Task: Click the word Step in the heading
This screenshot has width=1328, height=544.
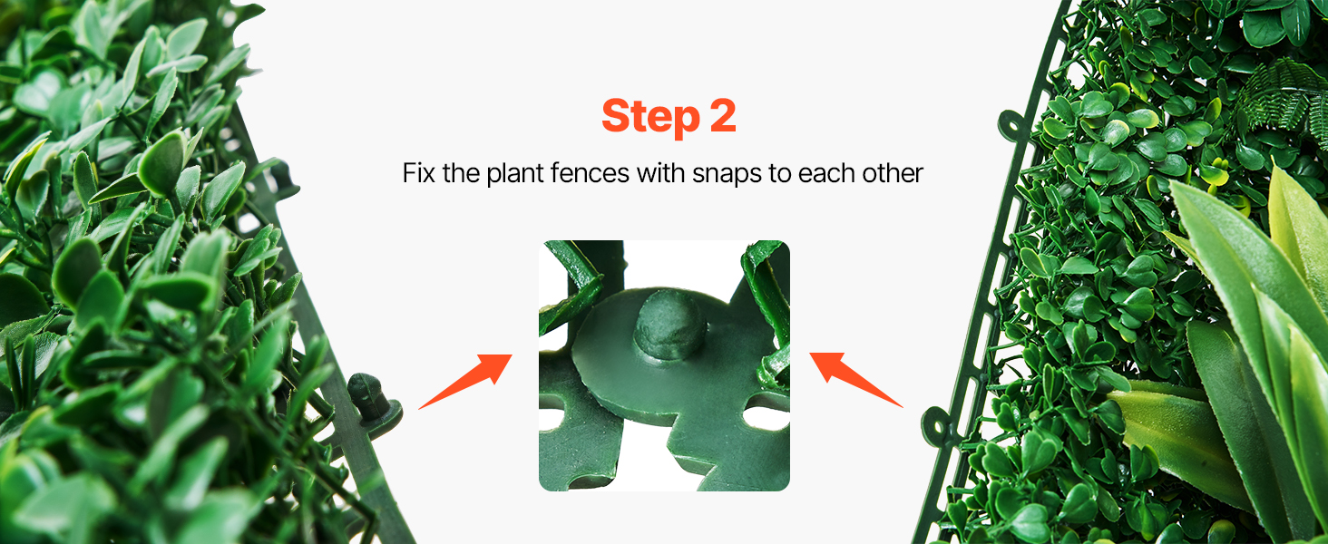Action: (x=650, y=117)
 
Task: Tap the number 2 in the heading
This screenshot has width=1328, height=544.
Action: (x=723, y=115)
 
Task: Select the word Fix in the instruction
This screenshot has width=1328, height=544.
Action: (x=418, y=173)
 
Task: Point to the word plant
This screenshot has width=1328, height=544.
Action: (x=514, y=174)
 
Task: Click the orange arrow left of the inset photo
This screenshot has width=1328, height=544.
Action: (x=465, y=382)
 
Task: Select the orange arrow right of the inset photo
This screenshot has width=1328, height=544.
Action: (x=856, y=380)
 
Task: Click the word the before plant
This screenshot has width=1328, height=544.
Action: (x=461, y=173)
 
